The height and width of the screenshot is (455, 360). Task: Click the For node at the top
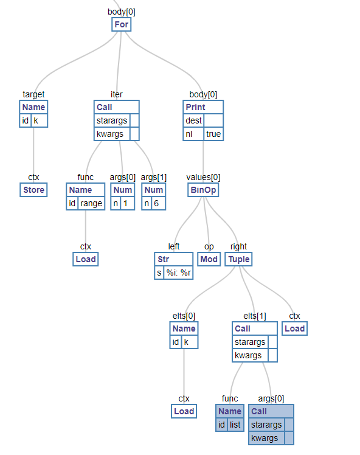click(x=121, y=24)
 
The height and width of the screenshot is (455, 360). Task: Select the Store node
click(x=33, y=190)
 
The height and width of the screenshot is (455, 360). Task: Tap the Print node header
click(x=203, y=107)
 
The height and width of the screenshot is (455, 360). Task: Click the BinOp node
click(x=203, y=190)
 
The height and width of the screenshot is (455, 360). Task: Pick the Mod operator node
click(x=209, y=259)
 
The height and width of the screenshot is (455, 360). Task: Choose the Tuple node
click(x=239, y=259)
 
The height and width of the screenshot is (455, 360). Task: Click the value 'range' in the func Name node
click(x=91, y=203)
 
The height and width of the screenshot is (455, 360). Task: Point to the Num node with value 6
click(x=154, y=196)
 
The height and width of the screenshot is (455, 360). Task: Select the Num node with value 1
click(x=123, y=196)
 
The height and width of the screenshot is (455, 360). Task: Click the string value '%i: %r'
click(x=178, y=273)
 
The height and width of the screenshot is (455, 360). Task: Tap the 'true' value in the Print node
click(x=213, y=134)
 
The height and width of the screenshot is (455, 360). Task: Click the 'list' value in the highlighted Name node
click(x=235, y=425)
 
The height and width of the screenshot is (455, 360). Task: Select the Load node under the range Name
click(x=86, y=259)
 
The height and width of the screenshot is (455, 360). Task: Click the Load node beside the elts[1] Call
click(x=295, y=328)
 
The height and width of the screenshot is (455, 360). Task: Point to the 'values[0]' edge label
click(x=203, y=177)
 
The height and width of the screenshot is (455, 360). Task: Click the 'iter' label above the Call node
click(x=117, y=95)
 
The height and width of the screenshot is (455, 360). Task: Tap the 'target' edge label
click(x=33, y=95)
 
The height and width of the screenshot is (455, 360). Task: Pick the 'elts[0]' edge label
click(x=184, y=316)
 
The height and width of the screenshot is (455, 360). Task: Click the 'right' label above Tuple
click(x=239, y=246)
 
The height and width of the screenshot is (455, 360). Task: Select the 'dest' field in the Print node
click(x=193, y=120)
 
